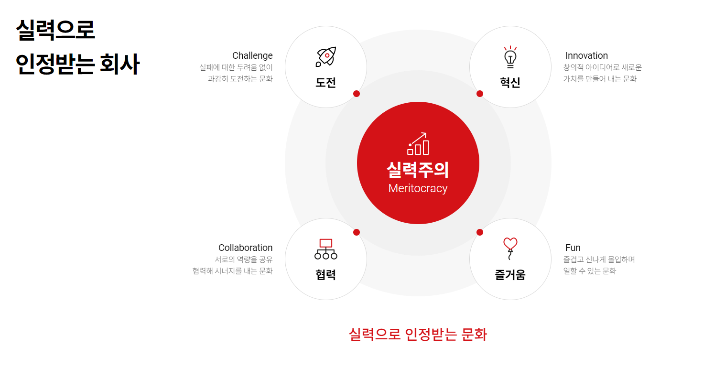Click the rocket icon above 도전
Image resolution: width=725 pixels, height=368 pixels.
click(x=326, y=57)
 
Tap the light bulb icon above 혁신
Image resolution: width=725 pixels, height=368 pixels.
click(x=510, y=56)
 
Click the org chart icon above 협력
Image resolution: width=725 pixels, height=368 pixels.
click(x=326, y=249)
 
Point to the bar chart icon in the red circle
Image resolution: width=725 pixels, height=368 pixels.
click(x=418, y=144)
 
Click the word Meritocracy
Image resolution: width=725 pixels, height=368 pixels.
click(x=418, y=188)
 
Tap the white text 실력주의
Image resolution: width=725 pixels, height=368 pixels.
click(x=418, y=170)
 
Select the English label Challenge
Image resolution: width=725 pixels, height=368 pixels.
click(x=252, y=56)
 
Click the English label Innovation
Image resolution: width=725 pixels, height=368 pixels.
click(x=586, y=56)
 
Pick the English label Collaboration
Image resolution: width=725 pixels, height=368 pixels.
click(x=245, y=248)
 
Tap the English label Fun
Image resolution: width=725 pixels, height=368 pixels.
click(x=573, y=248)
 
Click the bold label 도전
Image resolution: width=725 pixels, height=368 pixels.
click(x=326, y=83)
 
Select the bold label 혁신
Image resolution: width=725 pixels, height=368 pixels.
click(x=510, y=83)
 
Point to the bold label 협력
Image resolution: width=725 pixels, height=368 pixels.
click(x=326, y=275)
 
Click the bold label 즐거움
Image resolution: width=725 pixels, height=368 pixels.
click(x=510, y=275)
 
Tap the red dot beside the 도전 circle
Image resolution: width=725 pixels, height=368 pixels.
click(x=357, y=94)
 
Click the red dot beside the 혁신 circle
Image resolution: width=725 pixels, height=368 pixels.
click(x=480, y=94)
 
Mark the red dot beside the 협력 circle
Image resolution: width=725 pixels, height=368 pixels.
click(x=357, y=232)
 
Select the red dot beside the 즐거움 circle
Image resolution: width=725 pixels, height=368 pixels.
click(x=480, y=232)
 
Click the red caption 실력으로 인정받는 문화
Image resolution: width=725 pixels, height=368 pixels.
click(x=418, y=335)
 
